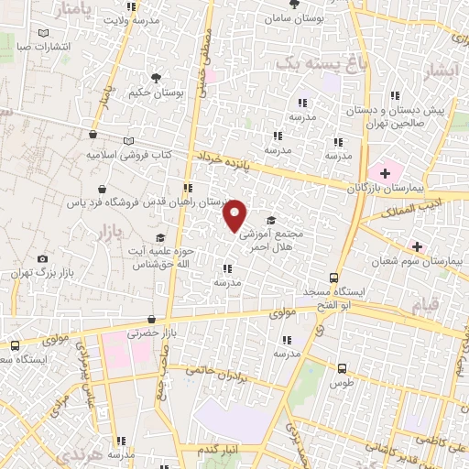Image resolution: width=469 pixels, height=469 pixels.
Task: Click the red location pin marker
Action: point(235,214)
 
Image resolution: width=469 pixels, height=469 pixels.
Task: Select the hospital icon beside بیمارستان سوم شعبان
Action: point(417,246)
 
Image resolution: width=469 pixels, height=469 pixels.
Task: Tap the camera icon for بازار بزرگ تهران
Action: point(41,259)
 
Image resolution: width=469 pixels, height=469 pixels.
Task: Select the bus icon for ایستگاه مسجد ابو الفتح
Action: point(334,278)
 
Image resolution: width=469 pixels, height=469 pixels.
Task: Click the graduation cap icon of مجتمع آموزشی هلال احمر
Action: point(271,220)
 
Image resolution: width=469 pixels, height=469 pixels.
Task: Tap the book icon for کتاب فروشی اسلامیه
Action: point(129,140)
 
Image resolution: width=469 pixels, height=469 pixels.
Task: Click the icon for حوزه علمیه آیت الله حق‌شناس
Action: point(160,238)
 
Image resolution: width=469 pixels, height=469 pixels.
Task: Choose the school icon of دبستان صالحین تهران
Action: point(396,94)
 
